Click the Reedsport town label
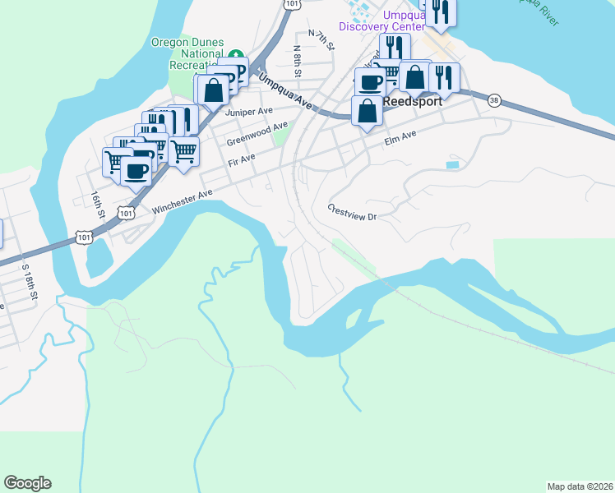pyautogui.click(x=411, y=101)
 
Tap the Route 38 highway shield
pyautogui.click(x=493, y=100)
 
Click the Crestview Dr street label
pyautogui.click(x=351, y=212)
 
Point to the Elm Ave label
pyautogui.click(x=400, y=142)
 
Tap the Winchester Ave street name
pyautogui.click(x=182, y=200)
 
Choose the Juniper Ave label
pyautogui.click(x=253, y=111)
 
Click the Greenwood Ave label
pyautogui.click(x=257, y=134)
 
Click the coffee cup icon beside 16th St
pyautogui.click(x=136, y=171)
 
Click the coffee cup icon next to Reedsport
pyautogui.click(x=370, y=81)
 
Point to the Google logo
pyautogui.click(x=27, y=483)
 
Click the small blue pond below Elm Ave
pyautogui.click(x=452, y=165)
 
